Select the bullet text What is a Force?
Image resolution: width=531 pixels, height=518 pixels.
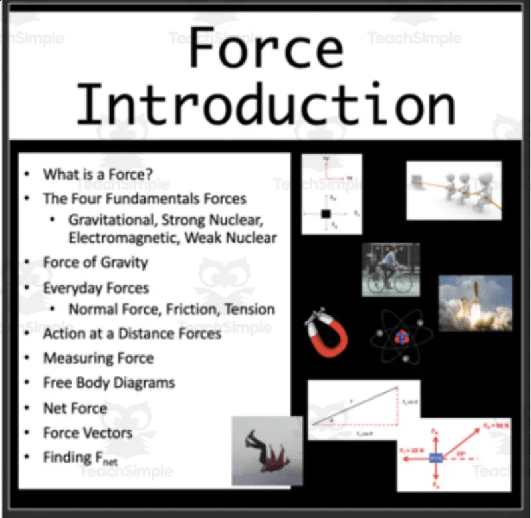pos(98,175)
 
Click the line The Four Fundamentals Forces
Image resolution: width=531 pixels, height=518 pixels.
pos(144,199)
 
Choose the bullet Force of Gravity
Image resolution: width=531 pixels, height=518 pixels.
pos(95,262)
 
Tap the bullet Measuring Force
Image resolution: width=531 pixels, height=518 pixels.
pos(98,358)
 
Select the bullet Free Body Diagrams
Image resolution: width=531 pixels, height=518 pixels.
pos(109,383)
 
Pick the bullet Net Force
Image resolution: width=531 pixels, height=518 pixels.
pos(74,408)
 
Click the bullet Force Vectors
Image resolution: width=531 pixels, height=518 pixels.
pos(88,433)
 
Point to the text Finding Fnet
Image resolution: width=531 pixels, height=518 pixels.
pos(76,458)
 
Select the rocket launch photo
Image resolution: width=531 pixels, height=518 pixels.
pos(475,303)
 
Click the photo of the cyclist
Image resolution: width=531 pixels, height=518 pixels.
pos(390,269)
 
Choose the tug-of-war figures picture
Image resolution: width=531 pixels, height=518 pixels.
pos(454,190)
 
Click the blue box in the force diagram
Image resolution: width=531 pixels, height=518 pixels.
pos(435,458)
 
